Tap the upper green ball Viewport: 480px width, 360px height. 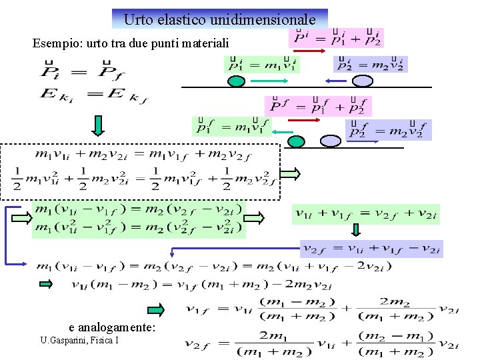pyautogui.click(x=237, y=81)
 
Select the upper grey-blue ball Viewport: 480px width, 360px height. pyautogui.click(x=362, y=81)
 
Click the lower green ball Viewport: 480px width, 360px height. pyautogui.click(x=296, y=141)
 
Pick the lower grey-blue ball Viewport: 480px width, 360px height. pyautogui.click(x=330, y=141)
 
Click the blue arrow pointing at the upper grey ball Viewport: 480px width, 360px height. pyautogui.click(x=336, y=81)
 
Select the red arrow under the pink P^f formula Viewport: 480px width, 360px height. pyautogui.click(x=304, y=121)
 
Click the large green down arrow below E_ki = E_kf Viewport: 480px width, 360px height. pyautogui.click(x=98, y=125)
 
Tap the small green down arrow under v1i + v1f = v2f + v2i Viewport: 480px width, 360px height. pyautogui.click(x=356, y=230)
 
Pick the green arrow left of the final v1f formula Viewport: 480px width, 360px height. pyautogui.click(x=156, y=309)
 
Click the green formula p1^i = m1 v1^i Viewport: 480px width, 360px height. pyautogui.click(x=262, y=64)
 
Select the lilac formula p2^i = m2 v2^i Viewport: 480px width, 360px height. pyautogui.click(x=370, y=64)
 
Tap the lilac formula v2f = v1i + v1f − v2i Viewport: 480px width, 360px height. pyautogui.click(x=371, y=248)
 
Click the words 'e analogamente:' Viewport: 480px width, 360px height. pyautogui.click(x=112, y=327)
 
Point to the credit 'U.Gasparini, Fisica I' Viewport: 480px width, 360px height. pyautogui.click(x=79, y=341)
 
